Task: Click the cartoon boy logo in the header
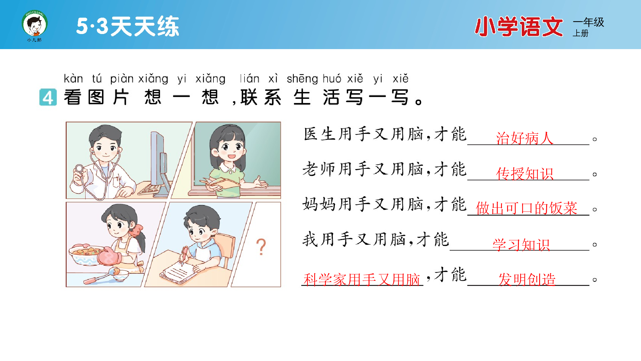click(35, 24)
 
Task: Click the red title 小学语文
click(519, 27)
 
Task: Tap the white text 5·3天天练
click(128, 26)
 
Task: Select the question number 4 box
click(48, 97)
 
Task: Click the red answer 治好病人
click(525, 138)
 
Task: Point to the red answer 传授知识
click(525, 174)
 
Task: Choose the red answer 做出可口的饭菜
click(527, 208)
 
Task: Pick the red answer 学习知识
click(521, 245)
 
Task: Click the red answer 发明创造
click(527, 279)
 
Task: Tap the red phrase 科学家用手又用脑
click(362, 279)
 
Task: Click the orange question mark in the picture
click(261, 247)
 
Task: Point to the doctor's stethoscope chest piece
click(79, 169)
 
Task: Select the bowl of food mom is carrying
click(85, 253)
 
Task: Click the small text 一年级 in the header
click(588, 22)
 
